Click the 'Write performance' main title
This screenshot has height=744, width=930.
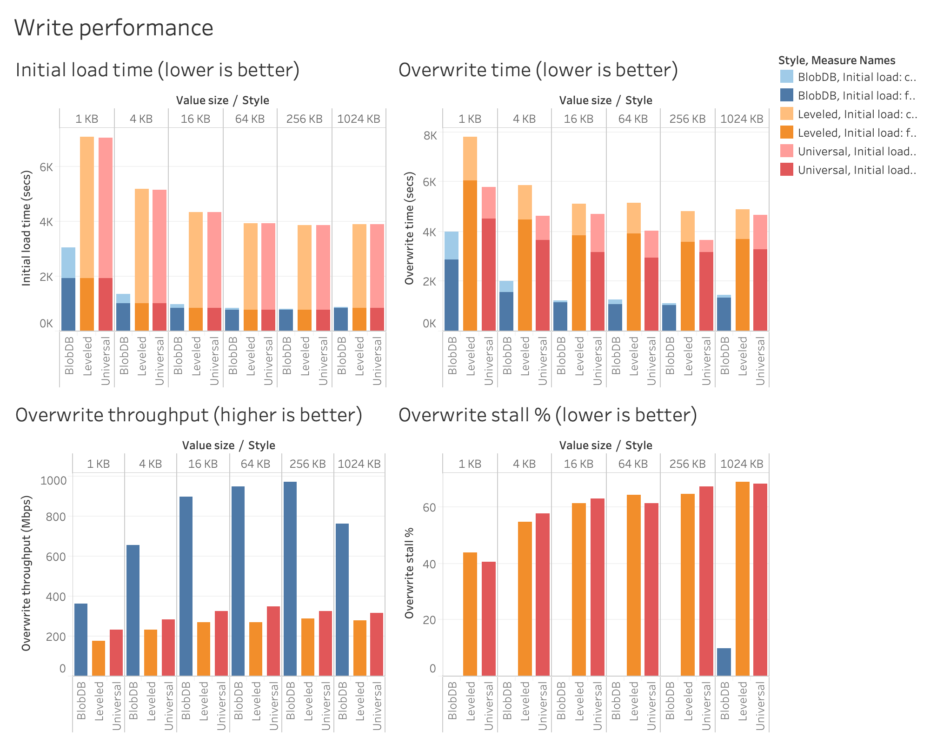coord(114,27)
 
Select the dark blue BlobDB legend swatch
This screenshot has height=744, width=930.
coord(787,95)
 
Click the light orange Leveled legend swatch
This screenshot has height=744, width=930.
coord(787,114)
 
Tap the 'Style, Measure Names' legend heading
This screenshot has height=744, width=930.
coord(837,60)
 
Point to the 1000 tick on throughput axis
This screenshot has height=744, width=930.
coord(53,481)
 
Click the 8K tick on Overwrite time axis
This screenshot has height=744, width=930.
coord(430,136)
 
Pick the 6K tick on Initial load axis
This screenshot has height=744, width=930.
coord(46,167)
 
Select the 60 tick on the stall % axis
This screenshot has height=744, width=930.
coord(429,507)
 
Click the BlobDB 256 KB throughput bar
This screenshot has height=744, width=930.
coord(290,578)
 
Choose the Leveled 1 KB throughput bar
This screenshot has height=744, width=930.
coord(99,658)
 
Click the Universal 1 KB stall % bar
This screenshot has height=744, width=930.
coord(488,618)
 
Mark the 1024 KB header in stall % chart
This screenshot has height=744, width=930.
coord(742,464)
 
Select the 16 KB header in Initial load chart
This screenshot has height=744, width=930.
coord(195,119)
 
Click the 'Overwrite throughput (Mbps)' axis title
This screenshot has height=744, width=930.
coord(26,573)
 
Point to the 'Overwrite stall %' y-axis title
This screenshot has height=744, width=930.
coord(409,572)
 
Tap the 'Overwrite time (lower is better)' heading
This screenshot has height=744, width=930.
coord(538,70)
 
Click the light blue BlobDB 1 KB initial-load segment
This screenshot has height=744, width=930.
coord(68,263)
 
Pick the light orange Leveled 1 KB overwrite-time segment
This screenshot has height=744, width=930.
coord(470,158)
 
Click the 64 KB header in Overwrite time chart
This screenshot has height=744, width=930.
coord(633,119)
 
